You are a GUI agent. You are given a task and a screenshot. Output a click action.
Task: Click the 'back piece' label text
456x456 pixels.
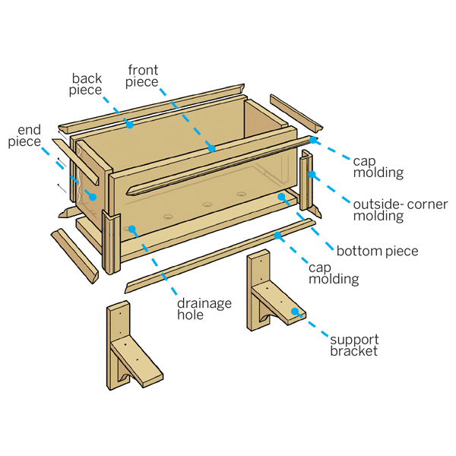(x=87, y=85)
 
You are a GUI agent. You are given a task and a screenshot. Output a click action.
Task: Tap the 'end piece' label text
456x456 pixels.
(x=25, y=135)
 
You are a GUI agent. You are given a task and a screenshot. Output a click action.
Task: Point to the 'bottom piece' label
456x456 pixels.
(x=377, y=251)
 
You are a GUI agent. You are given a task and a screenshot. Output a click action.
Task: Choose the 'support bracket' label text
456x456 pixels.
(x=354, y=344)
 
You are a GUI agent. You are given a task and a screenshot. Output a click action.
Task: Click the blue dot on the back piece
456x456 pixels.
(x=130, y=124)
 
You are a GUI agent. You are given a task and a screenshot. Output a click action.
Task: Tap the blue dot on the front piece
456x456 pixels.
(x=214, y=148)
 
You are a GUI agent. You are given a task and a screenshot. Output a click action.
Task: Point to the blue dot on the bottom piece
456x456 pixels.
(x=282, y=197)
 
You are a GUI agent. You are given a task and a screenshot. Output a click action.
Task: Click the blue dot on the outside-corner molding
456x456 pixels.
(x=312, y=175)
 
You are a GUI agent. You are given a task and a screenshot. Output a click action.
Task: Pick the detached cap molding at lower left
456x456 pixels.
(x=74, y=255)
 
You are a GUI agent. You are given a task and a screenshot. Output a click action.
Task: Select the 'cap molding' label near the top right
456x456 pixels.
(x=378, y=166)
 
